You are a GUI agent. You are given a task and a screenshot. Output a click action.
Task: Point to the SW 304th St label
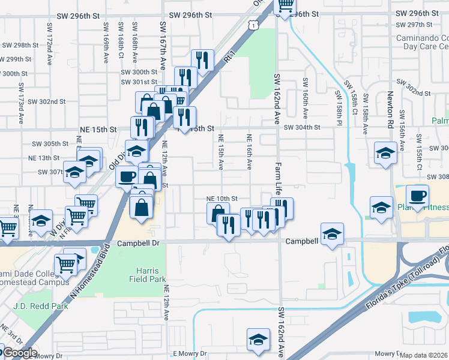pos(303,127)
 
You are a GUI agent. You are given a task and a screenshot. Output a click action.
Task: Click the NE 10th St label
pos(222,198)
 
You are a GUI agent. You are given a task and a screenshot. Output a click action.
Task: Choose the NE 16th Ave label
pos(249,151)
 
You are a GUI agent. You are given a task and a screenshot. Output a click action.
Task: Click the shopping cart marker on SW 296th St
pos(285,6)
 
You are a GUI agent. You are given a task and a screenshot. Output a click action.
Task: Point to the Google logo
pos(19,353)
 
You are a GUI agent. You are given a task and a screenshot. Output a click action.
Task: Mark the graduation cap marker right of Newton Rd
pos(385,153)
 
